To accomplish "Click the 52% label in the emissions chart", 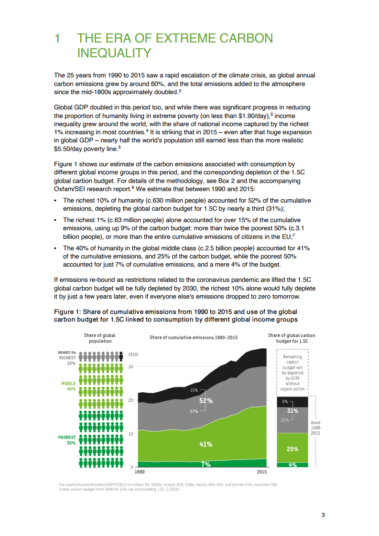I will [206, 401].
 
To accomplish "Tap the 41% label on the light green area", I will [206, 444].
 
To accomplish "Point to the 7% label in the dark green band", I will [206, 464].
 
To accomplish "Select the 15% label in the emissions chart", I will [194, 390].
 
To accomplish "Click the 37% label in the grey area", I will [194, 411].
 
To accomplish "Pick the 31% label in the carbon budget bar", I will [292, 410].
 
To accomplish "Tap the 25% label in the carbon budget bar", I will [292, 449].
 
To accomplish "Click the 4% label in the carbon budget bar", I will [292, 464].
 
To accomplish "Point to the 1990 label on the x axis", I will [140, 472].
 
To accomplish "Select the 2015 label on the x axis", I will [261, 472].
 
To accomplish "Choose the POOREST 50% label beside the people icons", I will [67, 440].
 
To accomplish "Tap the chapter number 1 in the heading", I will [57, 39].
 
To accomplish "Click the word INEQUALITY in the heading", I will [114, 52].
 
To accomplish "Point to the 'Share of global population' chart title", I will [100, 338].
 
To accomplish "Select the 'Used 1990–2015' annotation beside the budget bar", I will [315, 428].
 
